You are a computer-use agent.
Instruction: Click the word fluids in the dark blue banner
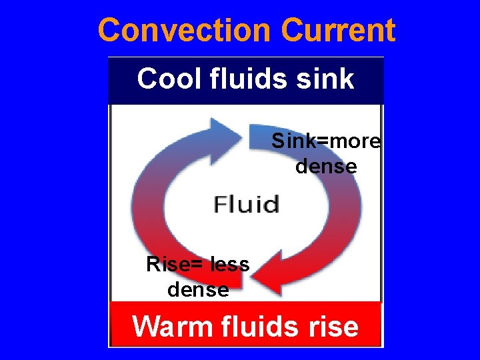coord(247,79)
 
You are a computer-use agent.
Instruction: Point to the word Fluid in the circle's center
coord(247,204)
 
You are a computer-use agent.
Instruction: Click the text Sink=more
coord(325,142)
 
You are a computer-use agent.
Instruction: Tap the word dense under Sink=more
coord(326,165)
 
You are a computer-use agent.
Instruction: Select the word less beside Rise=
coord(229,265)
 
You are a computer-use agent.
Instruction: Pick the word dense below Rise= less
coord(198,289)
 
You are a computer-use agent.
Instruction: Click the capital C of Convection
coord(109,30)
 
